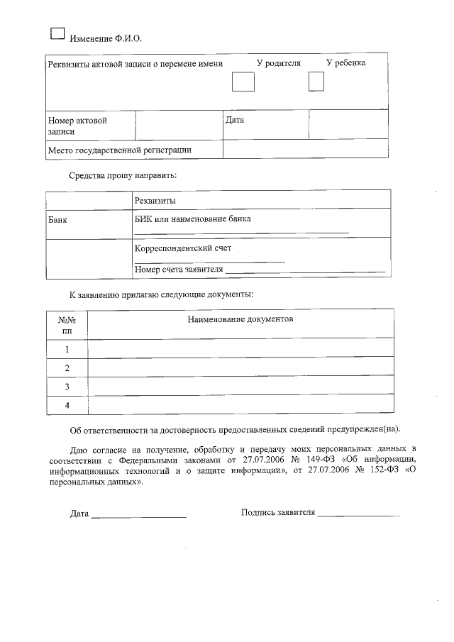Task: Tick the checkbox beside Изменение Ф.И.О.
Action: (x=57, y=32)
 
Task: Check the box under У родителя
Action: (x=243, y=83)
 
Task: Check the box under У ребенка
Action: (x=316, y=82)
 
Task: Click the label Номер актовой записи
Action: (x=77, y=126)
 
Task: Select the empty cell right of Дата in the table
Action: (x=348, y=126)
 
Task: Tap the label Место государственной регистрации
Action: (x=119, y=150)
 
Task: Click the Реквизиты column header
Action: (x=155, y=201)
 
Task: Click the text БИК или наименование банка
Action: (x=192, y=219)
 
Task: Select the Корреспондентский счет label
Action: (x=183, y=249)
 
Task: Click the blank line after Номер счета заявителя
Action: (x=306, y=270)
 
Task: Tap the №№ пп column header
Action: (x=67, y=325)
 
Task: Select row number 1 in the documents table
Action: (x=67, y=349)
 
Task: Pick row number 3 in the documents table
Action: (x=67, y=387)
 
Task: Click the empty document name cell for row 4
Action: (x=240, y=405)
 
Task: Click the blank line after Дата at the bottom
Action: (x=138, y=514)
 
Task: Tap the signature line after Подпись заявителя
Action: (x=358, y=514)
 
